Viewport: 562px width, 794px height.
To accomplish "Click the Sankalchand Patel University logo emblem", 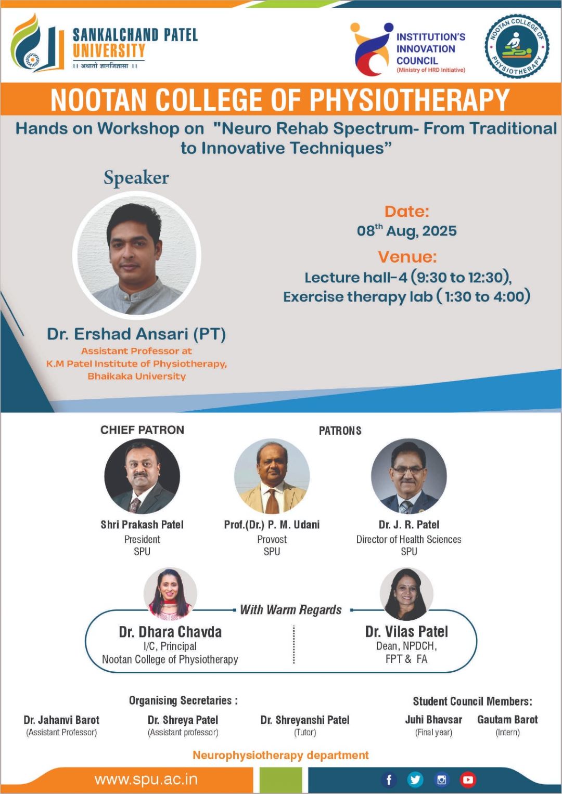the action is click(x=37, y=43).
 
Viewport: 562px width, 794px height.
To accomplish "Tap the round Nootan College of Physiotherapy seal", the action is click(x=517, y=46).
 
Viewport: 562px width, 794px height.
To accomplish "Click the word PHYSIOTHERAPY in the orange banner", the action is click(x=410, y=100).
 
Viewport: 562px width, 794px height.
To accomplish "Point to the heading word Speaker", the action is click(x=136, y=178).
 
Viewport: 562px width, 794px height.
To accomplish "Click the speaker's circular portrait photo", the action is click(x=136, y=255).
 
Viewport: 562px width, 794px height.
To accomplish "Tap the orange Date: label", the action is click(x=407, y=212).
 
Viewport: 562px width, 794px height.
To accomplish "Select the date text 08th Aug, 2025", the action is click(x=406, y=231).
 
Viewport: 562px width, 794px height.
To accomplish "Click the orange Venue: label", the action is click(x=407, y=257).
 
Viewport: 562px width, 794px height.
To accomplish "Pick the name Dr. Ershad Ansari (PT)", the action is click(x=136, y=334).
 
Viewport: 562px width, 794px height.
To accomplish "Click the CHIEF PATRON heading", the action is click(x=142, y=430).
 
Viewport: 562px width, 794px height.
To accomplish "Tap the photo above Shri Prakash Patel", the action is click(x=142, y=476).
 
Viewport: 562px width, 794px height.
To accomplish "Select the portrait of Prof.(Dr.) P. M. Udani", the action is click(x=272, y=476).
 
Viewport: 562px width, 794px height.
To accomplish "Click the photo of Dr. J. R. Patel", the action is click(x=408, y=476).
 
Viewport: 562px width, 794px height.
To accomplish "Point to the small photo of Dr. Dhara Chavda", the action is click(x=170, y=594).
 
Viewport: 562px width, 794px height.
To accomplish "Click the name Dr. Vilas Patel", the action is click(x=406, y=632).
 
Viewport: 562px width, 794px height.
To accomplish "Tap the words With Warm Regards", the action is click(x=291, y=610).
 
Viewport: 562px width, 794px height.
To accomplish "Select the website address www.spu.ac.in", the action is click(x=146, y=780).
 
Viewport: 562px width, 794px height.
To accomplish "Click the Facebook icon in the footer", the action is click(x=389, y=780).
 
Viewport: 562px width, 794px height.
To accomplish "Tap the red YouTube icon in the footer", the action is click(x=468, y=780).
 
